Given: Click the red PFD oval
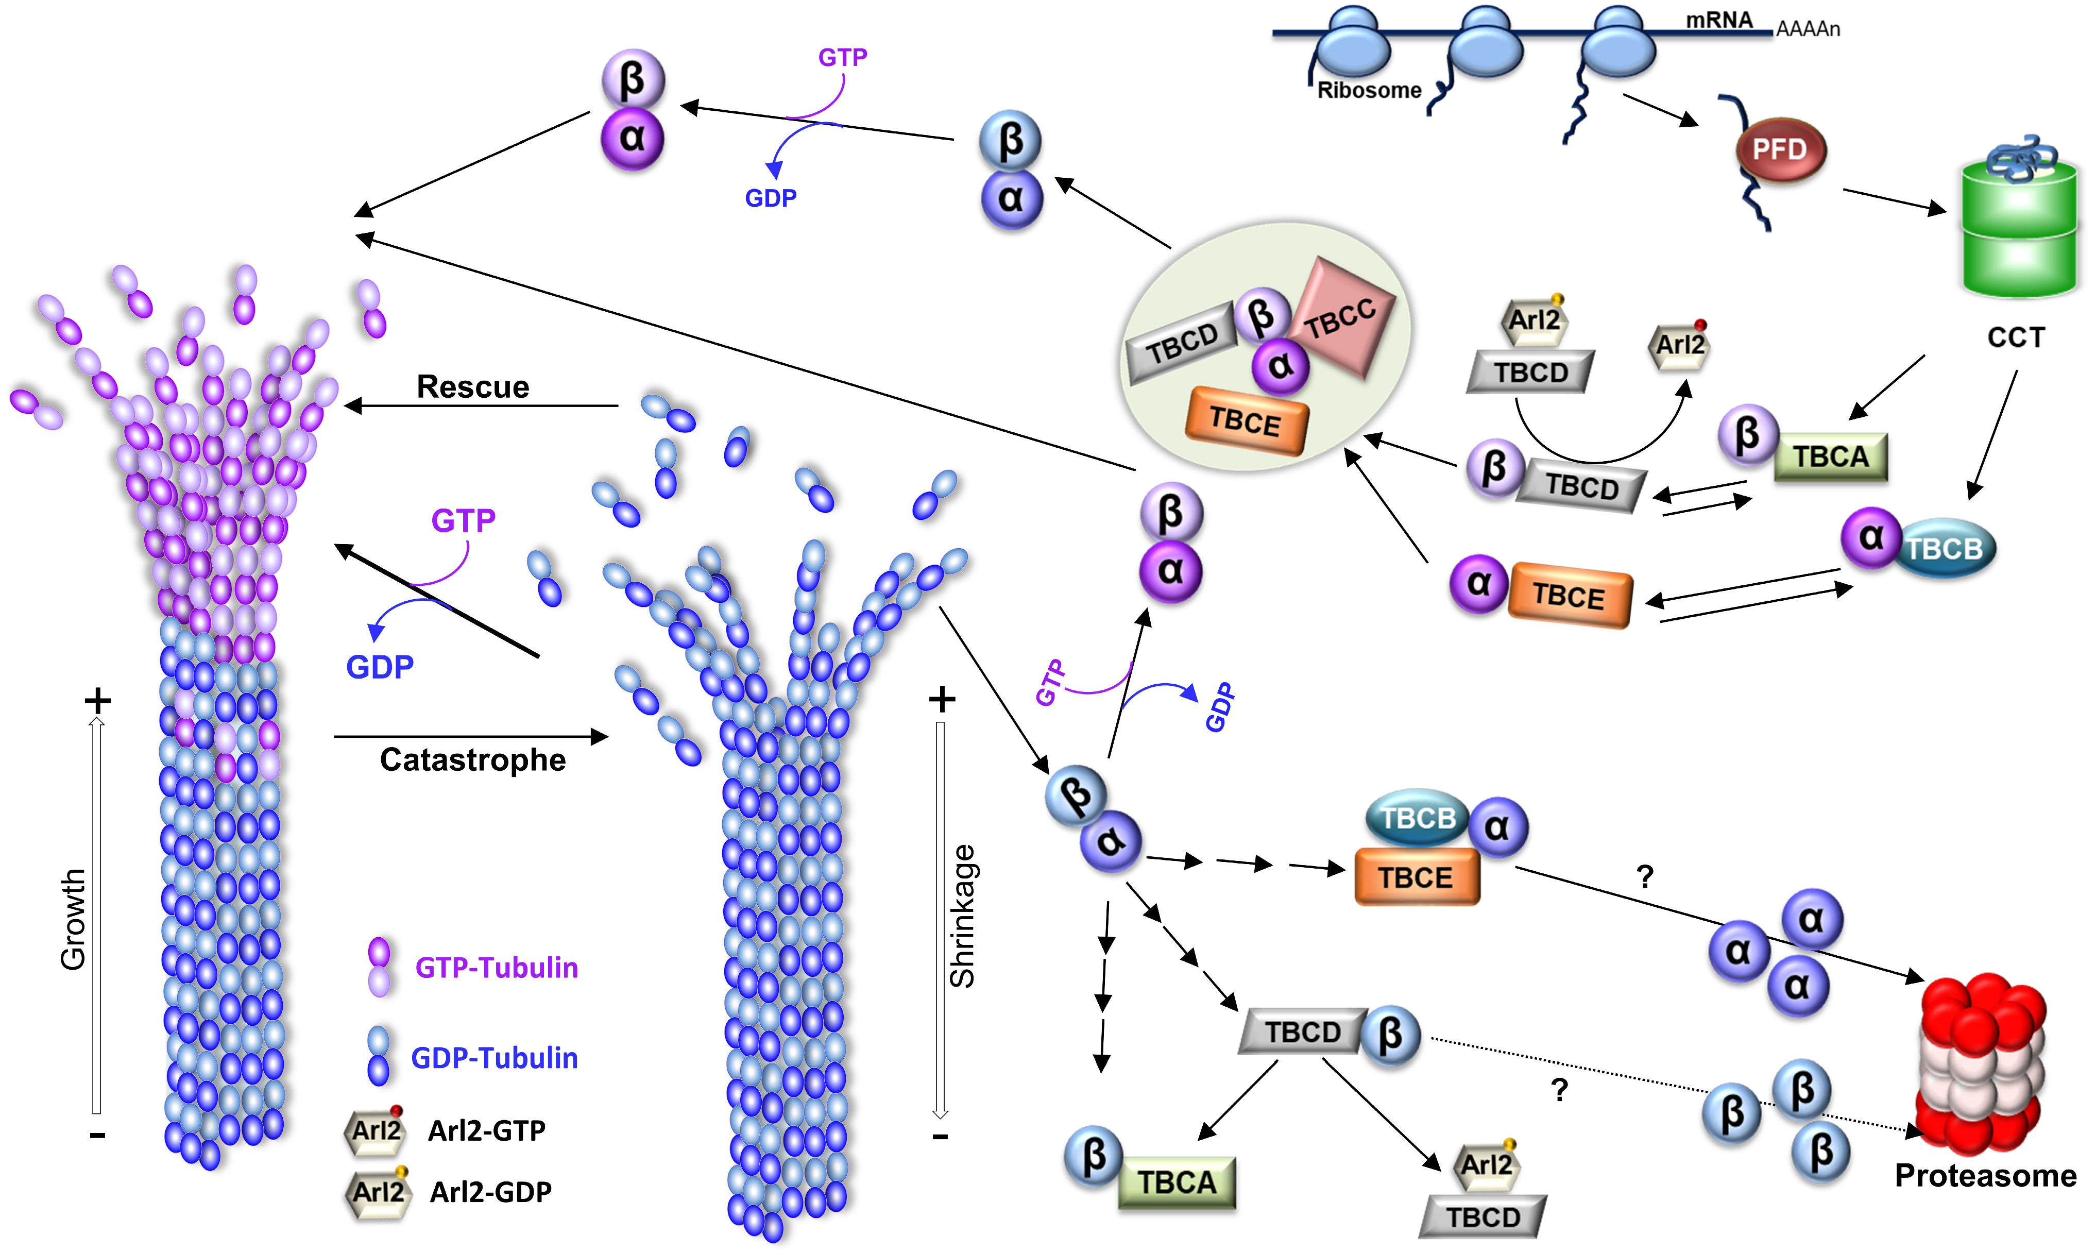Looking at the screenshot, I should pyautogui.click(x=1780, y=150).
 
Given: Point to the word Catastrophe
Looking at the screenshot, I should pyautogui.click(x=472, y=759).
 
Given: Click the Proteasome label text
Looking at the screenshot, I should pyautogui.click(x=1985, y=1175).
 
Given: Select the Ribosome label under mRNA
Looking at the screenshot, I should pyautogui.click(x=1369, y=90).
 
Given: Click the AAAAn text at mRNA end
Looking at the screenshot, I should pyautogui.click(x=1808, y=29).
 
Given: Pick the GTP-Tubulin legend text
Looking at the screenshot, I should pyautogui.click(x=496, y=968).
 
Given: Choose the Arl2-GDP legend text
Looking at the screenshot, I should pyautogui.click(x=490, y=1191).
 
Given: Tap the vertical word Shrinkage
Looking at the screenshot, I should pyautogui.click(x=962, y=916).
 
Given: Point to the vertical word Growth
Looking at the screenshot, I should pyautogui.click(x=73, y=920).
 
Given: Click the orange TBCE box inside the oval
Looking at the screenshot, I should pyautogui.click(x=1246, y=420).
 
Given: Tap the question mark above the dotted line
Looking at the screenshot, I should pyautogui.click(x=1559, y=1091).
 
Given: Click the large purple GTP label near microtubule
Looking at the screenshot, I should pyautogui.click(x=463, y=520).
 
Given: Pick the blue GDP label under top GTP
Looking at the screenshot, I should pyautogui.click(x=770, y=198).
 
